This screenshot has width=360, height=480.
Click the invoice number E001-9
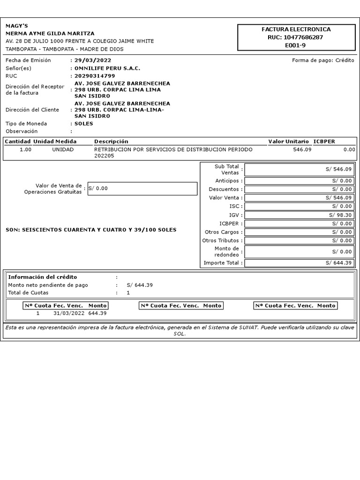pyautogui.click(x=295, y=45)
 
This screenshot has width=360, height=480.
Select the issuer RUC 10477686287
pyautogui.click(x=295, y=37)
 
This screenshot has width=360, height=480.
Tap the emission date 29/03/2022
pyautogui.click(x=93, y=60)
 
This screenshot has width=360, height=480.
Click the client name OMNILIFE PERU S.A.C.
pyautogui.click(x=107, y=68)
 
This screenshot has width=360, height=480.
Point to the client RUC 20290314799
pyautogui.click(x=95, y=76)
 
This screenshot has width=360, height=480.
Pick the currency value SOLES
pyautogui.click(x=84, y=124)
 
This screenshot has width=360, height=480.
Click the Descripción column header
pyautogui.click(x=111, y=142)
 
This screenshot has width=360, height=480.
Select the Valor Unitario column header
pyautogui.click(x=288, y=142)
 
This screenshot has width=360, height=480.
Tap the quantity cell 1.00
pyautogui.click(x=26, y=150)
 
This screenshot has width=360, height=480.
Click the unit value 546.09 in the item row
pyautogui.click(x=302, y=150)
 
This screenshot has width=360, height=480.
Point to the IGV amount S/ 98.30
pyautogui.click(x=342, y=215)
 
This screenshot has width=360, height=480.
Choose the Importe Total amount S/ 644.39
pyautogui.click(x=338, y=263)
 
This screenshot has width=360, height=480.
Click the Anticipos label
pyautogui.click(x=229, y=181)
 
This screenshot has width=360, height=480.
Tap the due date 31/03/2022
pyautogui.click(x=69, y=313)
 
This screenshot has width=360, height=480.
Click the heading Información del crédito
pyautogui.click(x=43, y=277)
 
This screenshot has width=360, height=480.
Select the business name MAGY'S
pyautogui.click(x=17, y=26)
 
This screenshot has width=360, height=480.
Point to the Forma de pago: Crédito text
pyautogui.click(x=323, y=60)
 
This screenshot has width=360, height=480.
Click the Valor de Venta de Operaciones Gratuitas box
pyautogui.click(x=142, y=188)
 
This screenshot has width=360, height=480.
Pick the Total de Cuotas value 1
pyautogui.click(x=128, y=293)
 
